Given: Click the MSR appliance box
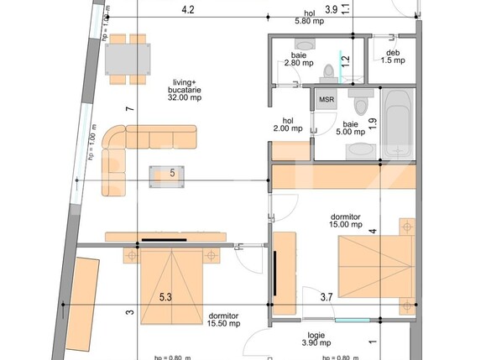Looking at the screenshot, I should (x=326, y=99).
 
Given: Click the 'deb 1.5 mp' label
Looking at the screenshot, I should (x=393, y=56).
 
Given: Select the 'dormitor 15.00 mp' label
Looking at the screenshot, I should (x=345, y=220).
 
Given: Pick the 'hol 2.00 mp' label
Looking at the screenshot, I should (x=289, y=124).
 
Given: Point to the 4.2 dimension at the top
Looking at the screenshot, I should (x=188, y=10).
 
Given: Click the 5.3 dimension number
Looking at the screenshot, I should (x=166, y=296).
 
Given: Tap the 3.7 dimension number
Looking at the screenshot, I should (x=327, y=296).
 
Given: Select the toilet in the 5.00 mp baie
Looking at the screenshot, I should (x=361, y=104).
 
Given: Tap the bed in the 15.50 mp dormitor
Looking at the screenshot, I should (x=170, y=284).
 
